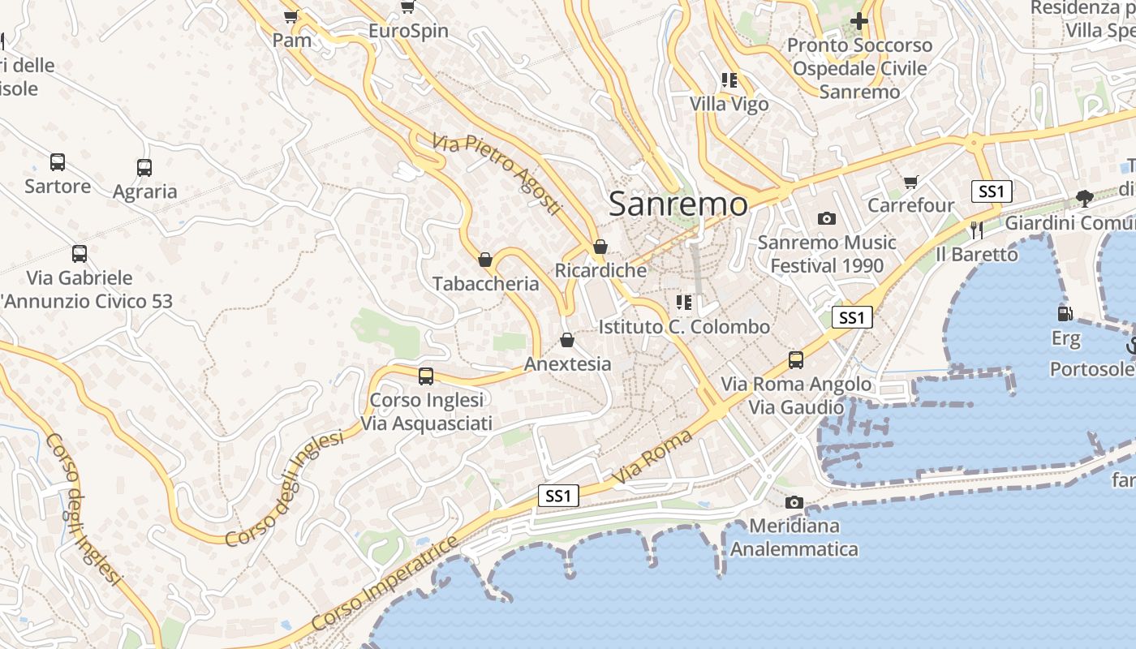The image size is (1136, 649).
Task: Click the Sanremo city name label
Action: tap(678, 204)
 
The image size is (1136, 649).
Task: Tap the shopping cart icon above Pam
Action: tap(291, 15)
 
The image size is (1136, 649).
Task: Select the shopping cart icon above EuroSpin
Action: tap(408, 7)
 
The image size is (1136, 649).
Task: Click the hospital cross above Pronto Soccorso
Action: tap(859, 21)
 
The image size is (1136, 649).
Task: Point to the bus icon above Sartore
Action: tap(58, 161)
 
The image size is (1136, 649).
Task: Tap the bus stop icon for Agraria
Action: tap(144, 168)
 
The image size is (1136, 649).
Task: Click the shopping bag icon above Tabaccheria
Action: tap(485, 260)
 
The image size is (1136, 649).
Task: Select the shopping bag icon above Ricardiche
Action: tap(600, 247)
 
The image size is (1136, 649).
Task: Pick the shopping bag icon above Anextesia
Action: tap(567, 339)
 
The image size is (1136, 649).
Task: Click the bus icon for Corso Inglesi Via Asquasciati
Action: tap(426, 376)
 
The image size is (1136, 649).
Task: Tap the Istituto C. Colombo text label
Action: tap(684, 327)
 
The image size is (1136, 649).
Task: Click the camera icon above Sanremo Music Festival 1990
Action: tap(827, 218)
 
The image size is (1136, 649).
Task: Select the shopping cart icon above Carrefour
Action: tap(911, 182)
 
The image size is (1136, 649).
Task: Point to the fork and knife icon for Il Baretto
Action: tap(977, 230)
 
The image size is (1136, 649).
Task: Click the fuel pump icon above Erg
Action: tap(1064, 313)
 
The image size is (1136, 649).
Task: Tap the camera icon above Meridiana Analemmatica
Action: tap(794, 502)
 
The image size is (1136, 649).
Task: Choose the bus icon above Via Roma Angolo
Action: tap(796, 359)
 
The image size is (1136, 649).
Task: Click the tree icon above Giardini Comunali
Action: tap(1084, 198)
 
